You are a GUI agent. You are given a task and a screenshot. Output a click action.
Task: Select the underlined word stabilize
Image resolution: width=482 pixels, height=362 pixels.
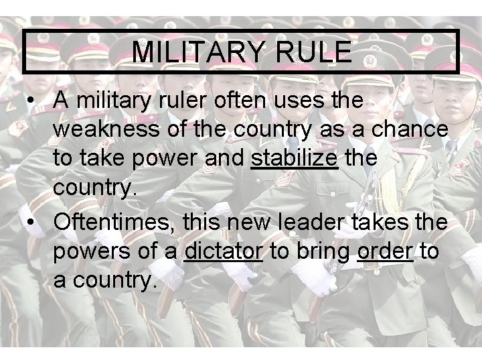(294, 158)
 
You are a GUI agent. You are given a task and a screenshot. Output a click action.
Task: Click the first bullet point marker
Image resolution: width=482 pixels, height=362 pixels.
(31, 101)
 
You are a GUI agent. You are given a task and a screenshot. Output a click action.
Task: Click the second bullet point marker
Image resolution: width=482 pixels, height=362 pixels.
(31, 220)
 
